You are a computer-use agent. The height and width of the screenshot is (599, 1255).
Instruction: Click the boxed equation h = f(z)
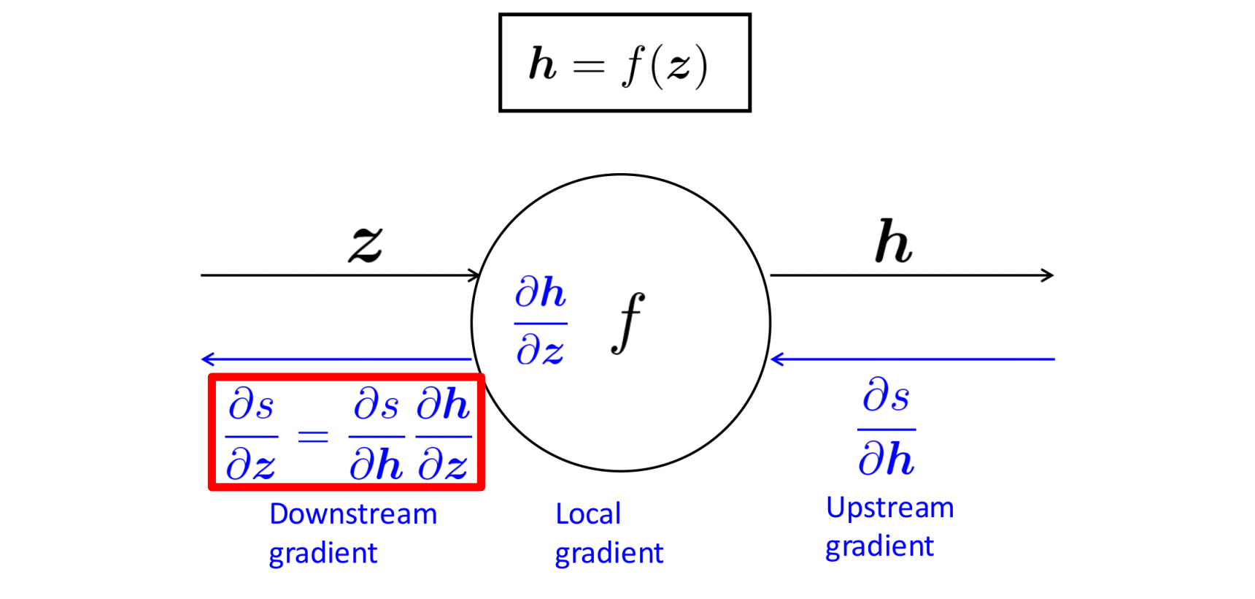(625, 63)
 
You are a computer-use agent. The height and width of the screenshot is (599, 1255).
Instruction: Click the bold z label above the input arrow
(366, 243)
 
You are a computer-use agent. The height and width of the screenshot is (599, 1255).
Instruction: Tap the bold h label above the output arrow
(893, 242)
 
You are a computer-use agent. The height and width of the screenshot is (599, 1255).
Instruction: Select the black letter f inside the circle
(627, 322)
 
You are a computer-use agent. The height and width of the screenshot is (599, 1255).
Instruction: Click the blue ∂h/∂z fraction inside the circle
(541, 321)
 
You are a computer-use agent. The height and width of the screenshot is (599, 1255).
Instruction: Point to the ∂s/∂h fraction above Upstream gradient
(887, 428)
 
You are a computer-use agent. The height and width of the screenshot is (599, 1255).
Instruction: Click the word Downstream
(353, 514)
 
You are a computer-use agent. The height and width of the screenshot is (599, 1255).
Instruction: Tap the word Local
(588, 514)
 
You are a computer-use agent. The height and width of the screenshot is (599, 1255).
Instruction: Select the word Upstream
(889, 508)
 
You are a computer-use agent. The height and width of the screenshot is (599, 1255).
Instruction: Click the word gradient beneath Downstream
(323, 554)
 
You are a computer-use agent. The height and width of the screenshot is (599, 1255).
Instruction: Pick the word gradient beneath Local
(609, 554)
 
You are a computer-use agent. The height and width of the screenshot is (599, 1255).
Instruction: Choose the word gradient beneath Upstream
(879, 547)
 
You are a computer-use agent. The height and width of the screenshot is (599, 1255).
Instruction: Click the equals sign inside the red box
(313, 437)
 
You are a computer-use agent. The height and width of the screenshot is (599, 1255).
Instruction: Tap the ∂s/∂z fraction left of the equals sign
(252, 435)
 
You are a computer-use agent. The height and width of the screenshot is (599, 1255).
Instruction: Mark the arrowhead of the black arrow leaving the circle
(1049, 275)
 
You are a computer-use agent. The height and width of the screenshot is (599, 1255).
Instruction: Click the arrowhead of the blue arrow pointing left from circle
(207, 359)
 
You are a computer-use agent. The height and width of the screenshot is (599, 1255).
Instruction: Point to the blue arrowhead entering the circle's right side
(776, 359)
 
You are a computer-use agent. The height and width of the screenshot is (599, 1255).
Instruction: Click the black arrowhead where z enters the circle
(474, 275)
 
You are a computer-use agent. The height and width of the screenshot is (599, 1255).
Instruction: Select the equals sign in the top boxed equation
(589, 66)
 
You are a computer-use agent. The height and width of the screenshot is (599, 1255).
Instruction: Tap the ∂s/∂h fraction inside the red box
(376, 435)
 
